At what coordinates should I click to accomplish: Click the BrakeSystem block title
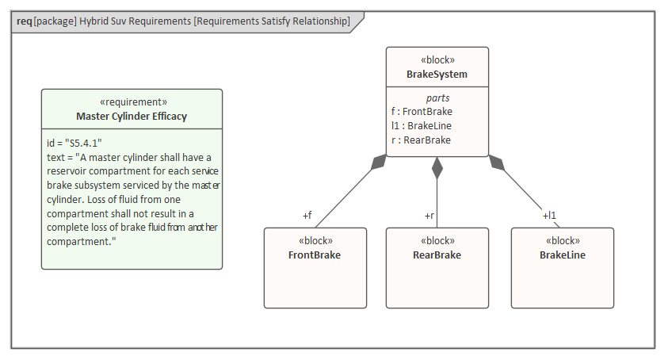pyautogui.click(x=437, y=75)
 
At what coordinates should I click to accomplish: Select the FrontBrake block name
pyautogui.click(x=315, y=255)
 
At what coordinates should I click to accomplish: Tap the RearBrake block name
pyautogui.click(x=437, y=255)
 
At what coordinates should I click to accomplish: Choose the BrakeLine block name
pyautogui.click(x=563, y=255)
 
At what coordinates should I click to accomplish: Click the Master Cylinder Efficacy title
pyautogui.click(x=132, y=117)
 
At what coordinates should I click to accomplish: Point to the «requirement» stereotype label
pyautogui.click(x=132, y=102)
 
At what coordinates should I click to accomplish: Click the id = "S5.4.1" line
pyautogui.click(x=74, y=143)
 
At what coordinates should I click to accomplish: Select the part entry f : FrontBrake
pyautogui.click(x=422, y=112)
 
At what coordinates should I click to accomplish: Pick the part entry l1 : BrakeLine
pyautogui.click(x=422, y=126)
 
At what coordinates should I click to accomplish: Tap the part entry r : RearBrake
pyautogui.click(x=421, y=140)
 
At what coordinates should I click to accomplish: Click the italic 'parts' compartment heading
pyautogui.click(x=437, y=98)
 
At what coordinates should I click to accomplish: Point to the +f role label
pyautogui.click(x=307, y=215)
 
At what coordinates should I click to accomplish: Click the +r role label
pyautogui.click(x=429, y=215)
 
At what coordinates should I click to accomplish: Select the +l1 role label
pyautogui.click(x=549, y=215)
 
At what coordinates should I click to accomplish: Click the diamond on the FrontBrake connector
pyautogui.click(x=380, y=163)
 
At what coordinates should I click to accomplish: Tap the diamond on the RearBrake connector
pyautogui.click(x=437, y=167)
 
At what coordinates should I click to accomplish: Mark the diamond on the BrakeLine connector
pyautogui.click(x=496, y=163)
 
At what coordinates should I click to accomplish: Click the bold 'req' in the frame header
pyautogui.click(x=24, y=21)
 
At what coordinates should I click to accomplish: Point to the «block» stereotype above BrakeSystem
pyautogui.click(x=437, y=60)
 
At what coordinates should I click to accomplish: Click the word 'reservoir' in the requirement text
pyautogui.click(x=69, y=171)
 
